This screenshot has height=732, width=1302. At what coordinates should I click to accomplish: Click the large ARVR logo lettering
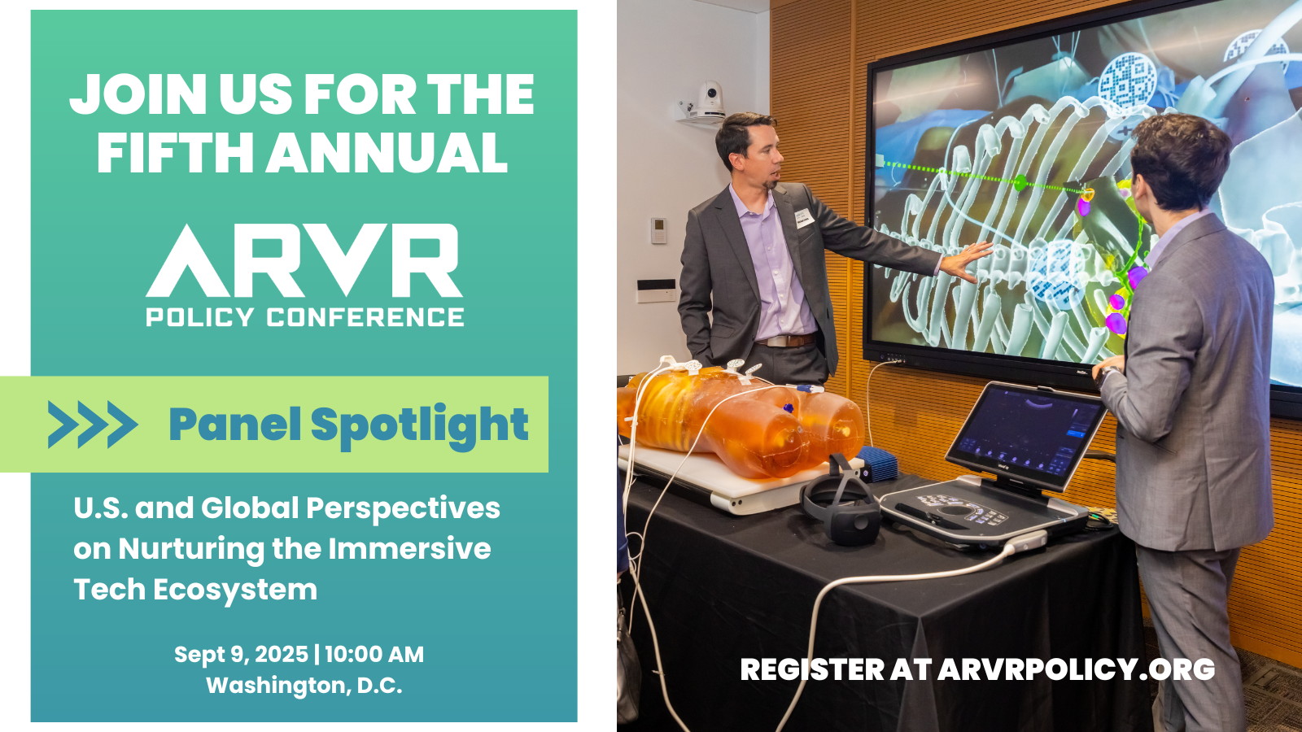click(x=304, y=261)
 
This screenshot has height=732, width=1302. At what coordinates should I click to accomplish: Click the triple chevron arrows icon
click(x=93, y=424)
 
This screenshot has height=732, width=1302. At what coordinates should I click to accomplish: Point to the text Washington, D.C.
click(x=304, y=686)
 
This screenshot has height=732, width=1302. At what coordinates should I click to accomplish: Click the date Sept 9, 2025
click(x=241, y=655)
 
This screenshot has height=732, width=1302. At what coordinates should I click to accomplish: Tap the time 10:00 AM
click(x=374, y=655)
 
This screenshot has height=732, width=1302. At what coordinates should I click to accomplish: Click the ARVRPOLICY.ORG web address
click(x=1076, y=669)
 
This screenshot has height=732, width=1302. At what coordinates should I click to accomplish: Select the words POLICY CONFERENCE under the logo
click(x=304, y=317)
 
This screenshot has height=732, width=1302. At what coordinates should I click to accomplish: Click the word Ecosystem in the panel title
click(x=235, y=590)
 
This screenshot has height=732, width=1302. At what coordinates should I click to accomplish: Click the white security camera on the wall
click(x=705, y=102)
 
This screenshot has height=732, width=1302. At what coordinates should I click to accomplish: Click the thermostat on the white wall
click(x=658, y=231)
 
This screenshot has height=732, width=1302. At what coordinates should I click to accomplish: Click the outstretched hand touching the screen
click(x=966, y=261)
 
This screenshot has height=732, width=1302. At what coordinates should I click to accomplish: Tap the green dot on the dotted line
click(x=1020, y=183)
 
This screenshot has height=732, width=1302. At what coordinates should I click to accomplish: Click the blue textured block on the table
click(x=878, y=463)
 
